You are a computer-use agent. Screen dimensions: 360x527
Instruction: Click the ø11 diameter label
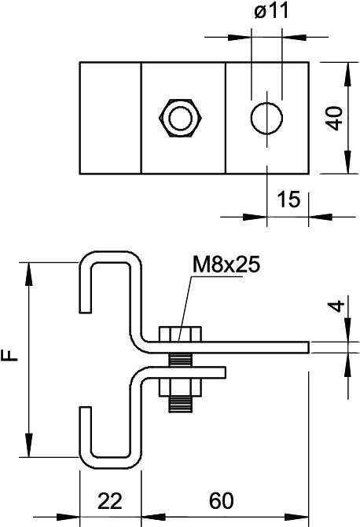click(x=271, y=12)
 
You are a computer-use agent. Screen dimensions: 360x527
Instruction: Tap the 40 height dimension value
click(x=336, y=119)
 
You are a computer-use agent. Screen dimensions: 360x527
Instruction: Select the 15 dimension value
click(x=288, y=199)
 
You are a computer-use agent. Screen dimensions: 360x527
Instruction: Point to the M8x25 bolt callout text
click(x=226, y=265)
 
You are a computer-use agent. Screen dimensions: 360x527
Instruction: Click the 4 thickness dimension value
click(x=336, y=306)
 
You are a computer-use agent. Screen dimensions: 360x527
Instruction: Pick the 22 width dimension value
click(x=110, y=501)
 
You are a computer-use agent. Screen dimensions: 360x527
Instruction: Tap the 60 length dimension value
click(x=221, y=501)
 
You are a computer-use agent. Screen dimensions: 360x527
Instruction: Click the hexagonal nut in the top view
click(x=180, y=118)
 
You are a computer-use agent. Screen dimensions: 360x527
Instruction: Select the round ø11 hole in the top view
click(x=266, y=118)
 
